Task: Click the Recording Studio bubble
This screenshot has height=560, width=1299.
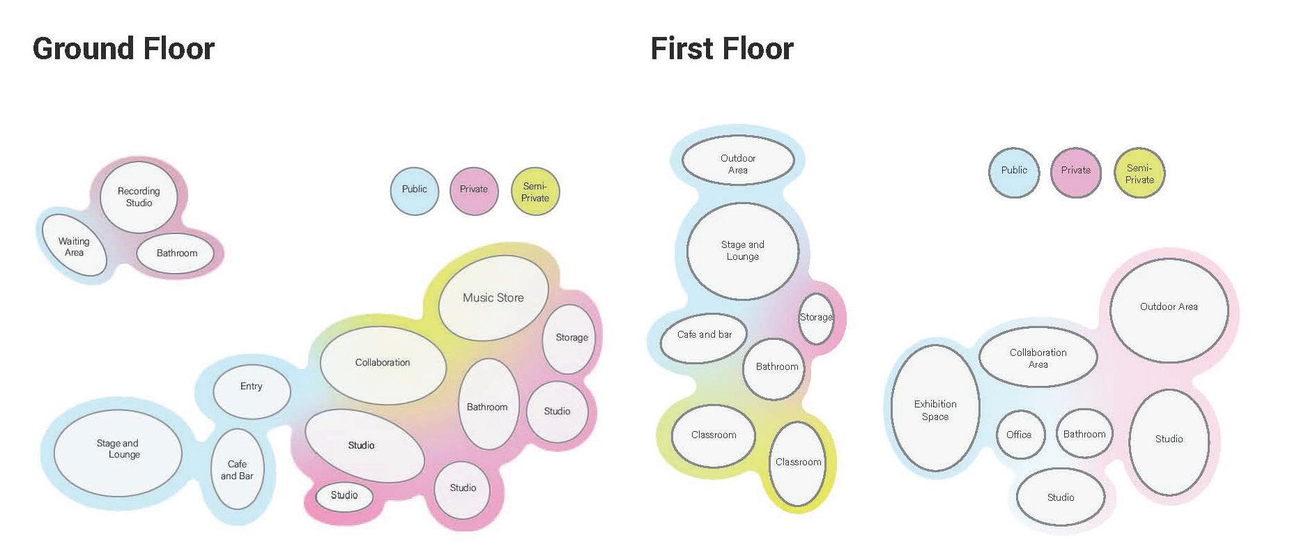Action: click(139, 197)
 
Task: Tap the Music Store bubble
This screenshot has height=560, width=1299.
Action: click(493, 297)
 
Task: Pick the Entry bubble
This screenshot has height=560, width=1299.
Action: click(251, 386)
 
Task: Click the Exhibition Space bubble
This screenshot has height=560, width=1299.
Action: click(935, 410)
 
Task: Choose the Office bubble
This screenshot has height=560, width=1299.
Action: click(1020, 435)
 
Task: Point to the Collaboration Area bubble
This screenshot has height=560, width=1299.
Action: click(1038, 358)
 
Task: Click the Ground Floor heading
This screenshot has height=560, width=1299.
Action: click(123, 49)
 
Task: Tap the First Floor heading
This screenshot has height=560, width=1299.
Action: click(722, 49)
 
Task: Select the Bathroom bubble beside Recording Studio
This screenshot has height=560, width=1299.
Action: click(177, 253)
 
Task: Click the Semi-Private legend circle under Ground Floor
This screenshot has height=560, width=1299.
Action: click(535, 192)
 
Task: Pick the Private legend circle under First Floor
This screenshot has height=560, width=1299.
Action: click(1075, 171)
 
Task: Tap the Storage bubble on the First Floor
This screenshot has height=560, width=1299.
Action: click(815, 318)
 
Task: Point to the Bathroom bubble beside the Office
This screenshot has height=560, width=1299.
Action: click(1084, 435)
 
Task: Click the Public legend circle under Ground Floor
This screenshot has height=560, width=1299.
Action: click(415, 190)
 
